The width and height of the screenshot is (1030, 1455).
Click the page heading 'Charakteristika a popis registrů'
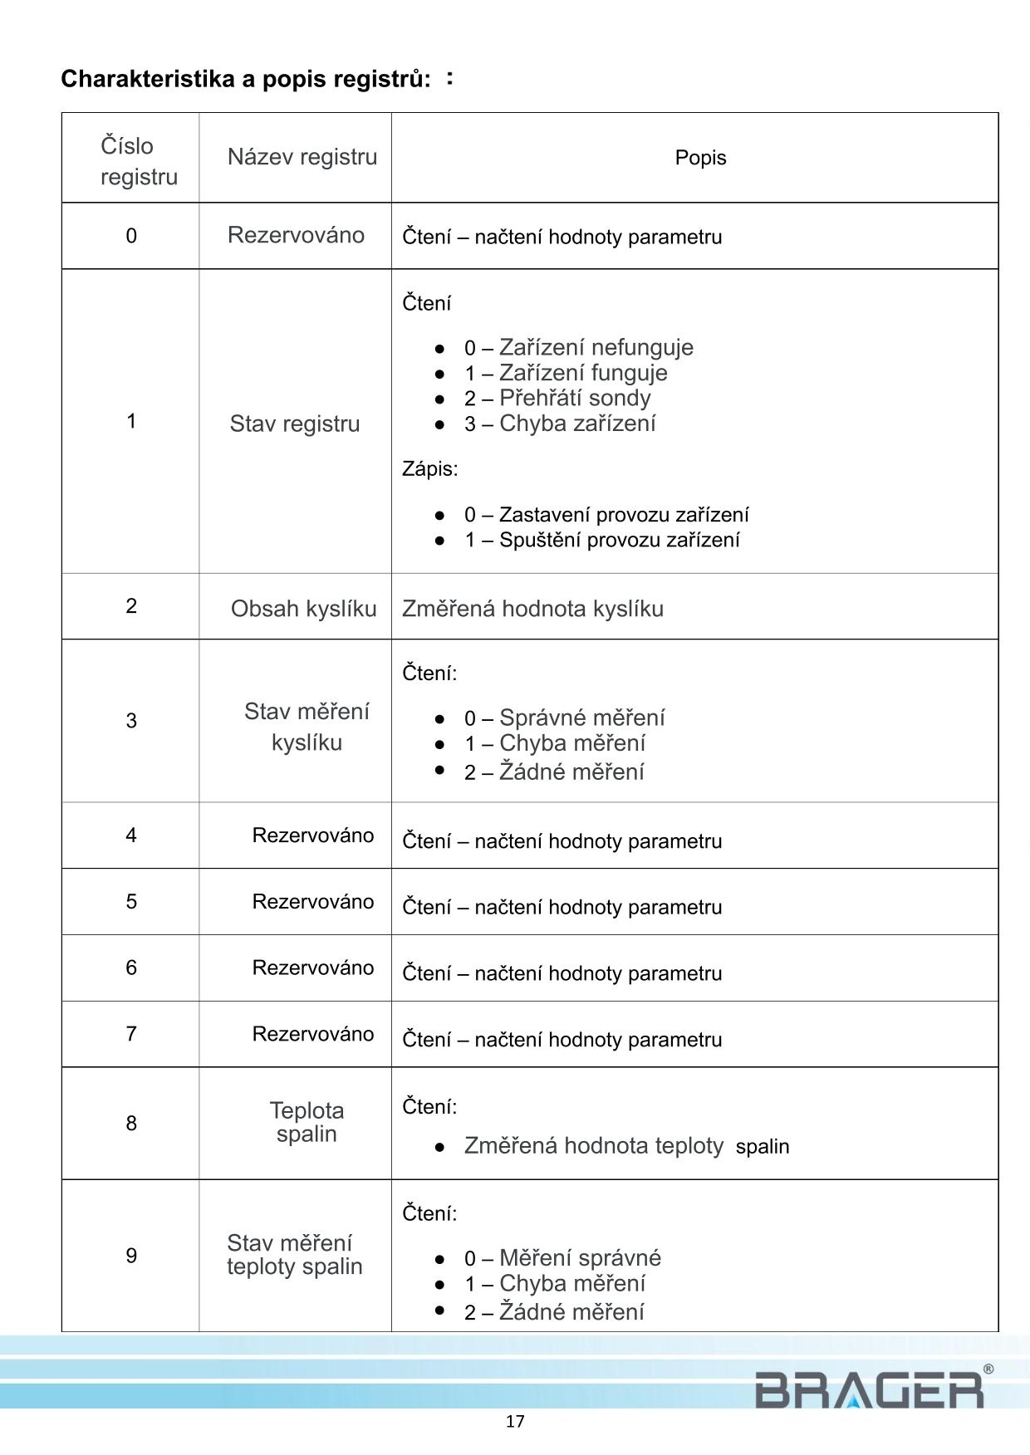pos(246,80)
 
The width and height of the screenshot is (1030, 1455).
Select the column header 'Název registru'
pos(302,157)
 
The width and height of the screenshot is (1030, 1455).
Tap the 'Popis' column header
pos(700,158)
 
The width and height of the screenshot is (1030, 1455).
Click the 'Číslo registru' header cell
pos(139,161)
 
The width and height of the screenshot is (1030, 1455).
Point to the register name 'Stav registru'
pos(295,424)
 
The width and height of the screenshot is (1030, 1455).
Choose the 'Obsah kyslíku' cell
pos(303,609)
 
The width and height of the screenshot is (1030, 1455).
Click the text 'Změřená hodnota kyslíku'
pos(532,609)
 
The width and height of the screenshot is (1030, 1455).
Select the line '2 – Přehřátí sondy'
pos(557,399)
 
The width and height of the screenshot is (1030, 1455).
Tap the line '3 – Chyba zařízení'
pos(560,424)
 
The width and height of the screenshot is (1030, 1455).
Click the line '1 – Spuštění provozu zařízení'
pos(601,540)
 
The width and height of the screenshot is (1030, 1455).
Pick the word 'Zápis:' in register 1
pos(429,469)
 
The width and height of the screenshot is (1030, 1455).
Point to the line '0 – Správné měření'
pos(564,718)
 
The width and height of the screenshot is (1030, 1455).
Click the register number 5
pos(131,902)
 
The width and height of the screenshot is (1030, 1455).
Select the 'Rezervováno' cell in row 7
pos(313,1034)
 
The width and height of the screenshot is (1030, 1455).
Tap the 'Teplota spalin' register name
pos(307,1122)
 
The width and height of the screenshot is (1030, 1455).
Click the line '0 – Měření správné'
pos(562,1258)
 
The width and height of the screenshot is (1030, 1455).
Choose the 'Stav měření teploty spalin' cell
pos(295,1255)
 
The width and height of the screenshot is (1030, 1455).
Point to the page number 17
pos(515,1422)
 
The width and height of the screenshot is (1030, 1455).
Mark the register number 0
pos(131,236)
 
